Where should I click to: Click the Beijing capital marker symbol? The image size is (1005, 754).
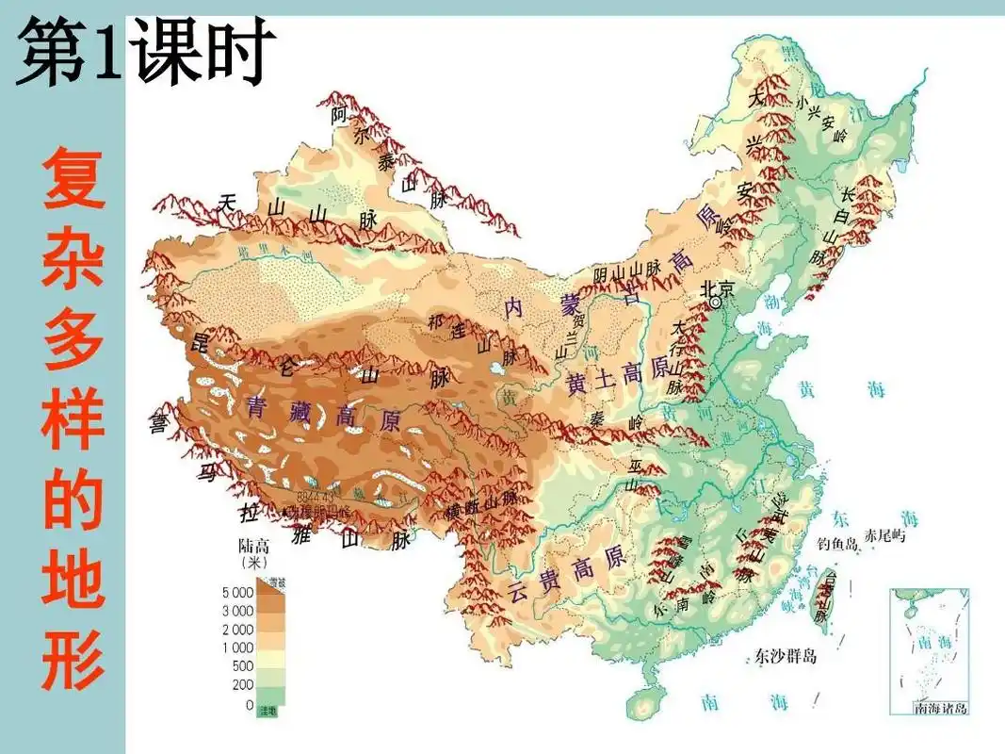coord(715,302)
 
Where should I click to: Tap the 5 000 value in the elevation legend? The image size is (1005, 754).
coord(236,593)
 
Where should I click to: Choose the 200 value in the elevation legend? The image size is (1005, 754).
coord(242,684)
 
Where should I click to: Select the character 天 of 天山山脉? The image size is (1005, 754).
coord(228,202)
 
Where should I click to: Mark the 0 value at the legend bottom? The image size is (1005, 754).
coord(249,704)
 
